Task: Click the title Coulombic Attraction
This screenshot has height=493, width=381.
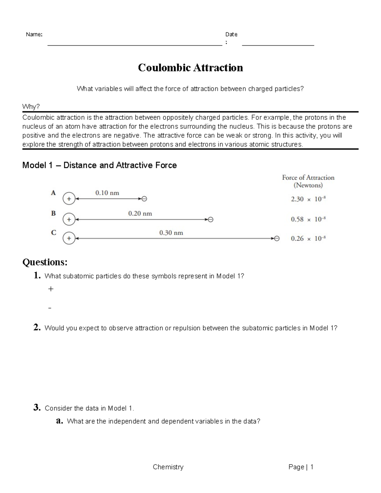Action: [190, 68]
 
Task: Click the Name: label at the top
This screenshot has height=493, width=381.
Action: [34, 35]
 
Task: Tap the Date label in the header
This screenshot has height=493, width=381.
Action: [231, 34]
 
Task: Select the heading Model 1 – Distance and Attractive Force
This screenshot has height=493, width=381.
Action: [99, 165]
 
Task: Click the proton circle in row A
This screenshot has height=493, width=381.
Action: [69, 199]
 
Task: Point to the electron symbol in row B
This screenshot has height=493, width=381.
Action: [211, 219]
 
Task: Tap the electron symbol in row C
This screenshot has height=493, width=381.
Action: [277, 238]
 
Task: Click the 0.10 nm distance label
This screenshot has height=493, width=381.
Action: [107, 193]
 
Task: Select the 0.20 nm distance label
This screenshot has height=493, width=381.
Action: [140, 213]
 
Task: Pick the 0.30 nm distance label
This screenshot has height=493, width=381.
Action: [171, 233]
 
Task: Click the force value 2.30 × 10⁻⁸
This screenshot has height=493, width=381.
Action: [308, 199]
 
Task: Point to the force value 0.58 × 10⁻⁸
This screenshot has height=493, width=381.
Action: [308, 219]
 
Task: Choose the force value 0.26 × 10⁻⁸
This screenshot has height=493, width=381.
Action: [308, 238]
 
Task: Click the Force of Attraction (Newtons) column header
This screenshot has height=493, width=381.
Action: [308, 181]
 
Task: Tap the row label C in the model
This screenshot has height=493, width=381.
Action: [54, 233]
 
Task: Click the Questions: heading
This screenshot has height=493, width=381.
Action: [45, 262]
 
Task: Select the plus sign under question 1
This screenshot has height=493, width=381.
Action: [50, 289]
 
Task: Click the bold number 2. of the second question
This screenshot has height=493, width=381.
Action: [37, 328]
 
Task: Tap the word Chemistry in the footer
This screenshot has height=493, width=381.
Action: [168, 467]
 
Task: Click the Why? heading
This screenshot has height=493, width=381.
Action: [31, 107]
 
